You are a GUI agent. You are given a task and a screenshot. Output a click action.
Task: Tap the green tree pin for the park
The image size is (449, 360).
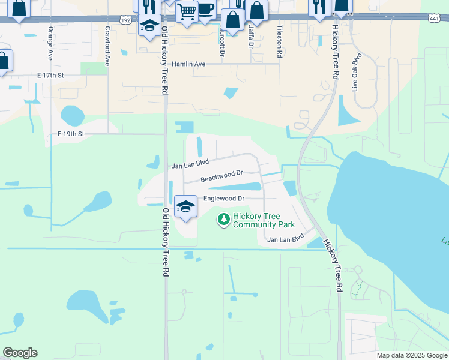pos(224,220)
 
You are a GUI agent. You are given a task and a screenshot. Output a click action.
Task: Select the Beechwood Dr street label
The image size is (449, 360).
pos(221,175)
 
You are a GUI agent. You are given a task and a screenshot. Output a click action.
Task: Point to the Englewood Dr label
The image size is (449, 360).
pos(224,199)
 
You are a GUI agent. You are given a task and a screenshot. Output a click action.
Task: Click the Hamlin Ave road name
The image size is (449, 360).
pos(188,64)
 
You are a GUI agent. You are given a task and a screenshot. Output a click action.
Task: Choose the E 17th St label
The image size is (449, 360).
pos(50,76)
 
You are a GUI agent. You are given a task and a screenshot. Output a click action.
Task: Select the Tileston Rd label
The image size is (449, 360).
pos(280,41)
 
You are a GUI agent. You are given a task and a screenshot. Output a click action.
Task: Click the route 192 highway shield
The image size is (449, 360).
pos(124,20)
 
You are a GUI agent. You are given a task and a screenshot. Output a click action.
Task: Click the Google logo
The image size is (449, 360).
pos(20,353)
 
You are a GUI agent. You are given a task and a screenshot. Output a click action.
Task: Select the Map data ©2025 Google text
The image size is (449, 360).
pos(411,355)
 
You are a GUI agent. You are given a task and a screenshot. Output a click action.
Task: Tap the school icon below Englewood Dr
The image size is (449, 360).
pos(186,207)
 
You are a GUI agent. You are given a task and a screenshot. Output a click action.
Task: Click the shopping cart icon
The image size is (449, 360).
pos(187,11)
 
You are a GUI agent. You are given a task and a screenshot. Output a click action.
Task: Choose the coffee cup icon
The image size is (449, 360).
pos(206,10)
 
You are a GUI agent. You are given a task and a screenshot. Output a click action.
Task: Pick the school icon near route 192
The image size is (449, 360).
pos(149,25)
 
